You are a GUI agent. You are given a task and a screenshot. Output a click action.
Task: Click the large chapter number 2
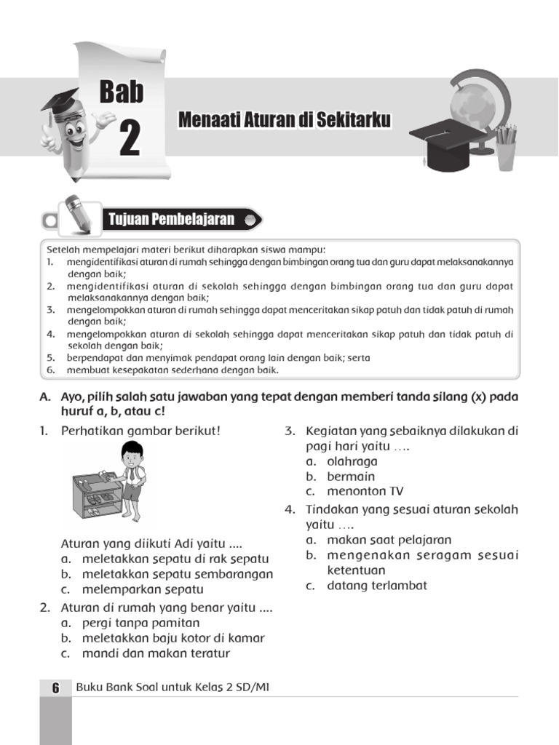coord(129,139)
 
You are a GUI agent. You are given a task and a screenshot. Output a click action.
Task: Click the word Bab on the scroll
coord(122,92)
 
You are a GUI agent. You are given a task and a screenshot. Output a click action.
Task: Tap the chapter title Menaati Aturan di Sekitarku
coord(285,121)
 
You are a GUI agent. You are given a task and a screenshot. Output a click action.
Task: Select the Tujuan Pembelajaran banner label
coord(172,219)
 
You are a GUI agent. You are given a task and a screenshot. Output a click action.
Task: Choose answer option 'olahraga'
coord(352,461)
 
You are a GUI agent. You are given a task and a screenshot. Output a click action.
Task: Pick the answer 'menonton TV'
coord(365,491)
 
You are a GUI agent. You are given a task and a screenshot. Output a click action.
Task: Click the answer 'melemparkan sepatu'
coord(142,589)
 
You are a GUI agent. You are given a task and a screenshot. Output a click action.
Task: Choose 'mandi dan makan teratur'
coord(155,653)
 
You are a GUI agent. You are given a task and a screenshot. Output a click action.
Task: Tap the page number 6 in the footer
coord(55,688)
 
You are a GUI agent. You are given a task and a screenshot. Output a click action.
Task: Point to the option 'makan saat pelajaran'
coord(389,540)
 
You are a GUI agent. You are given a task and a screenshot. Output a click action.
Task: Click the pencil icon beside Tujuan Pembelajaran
coord(76,214)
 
